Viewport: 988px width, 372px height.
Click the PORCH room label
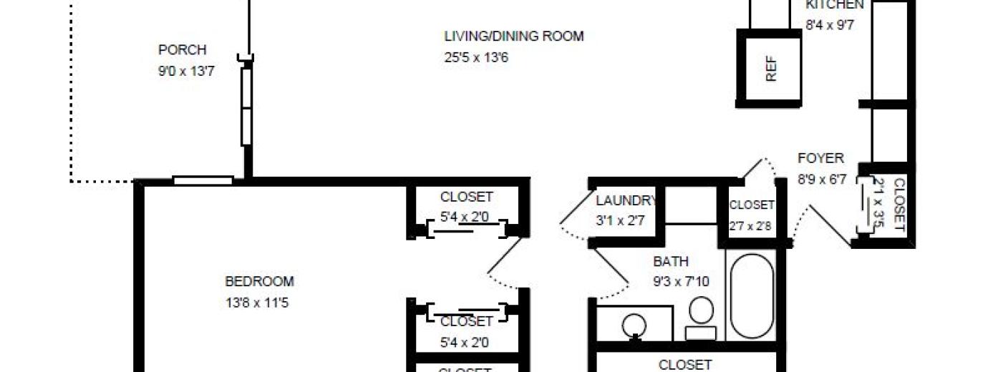(x=182, y=50)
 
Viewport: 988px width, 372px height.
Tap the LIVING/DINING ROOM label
(x=513, y=36)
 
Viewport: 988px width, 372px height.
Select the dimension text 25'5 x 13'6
(x=476, y=57)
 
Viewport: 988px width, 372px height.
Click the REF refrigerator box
(x=770, y=69)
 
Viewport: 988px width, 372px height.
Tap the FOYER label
(x=820, y=158)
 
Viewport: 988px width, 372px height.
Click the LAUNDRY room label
(x=626, y=200)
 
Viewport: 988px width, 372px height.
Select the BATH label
(x=670, y=262)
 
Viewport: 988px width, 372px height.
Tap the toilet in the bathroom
(x=701, y=315)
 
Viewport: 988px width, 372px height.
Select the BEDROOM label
(x=259, y=282)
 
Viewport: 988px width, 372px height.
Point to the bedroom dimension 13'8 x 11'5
(x=257, y=303)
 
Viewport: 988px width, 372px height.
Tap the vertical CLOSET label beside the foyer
(x=899, y=205)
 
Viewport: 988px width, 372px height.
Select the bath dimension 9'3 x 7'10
(x=680, y=282)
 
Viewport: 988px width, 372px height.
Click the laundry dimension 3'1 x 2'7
(x=620, y=220)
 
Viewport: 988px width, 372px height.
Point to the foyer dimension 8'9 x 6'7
(x=822, y=180)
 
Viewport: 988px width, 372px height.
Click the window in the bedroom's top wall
(x=203, y=180)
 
